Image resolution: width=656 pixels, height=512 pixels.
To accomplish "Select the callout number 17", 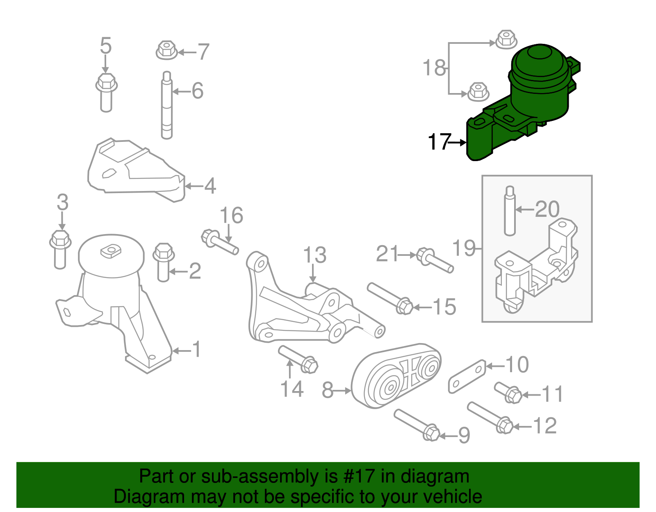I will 439,142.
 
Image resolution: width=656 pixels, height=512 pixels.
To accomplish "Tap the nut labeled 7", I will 167,50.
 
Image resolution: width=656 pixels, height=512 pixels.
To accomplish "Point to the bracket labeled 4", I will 135,172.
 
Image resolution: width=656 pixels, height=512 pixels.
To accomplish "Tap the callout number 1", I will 197,349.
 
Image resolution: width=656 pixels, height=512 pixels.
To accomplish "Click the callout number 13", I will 314,255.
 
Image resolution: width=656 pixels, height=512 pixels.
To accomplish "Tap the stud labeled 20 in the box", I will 510,211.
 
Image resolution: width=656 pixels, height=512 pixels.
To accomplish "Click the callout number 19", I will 464,248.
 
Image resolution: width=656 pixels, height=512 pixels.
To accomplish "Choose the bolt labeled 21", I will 435,261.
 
